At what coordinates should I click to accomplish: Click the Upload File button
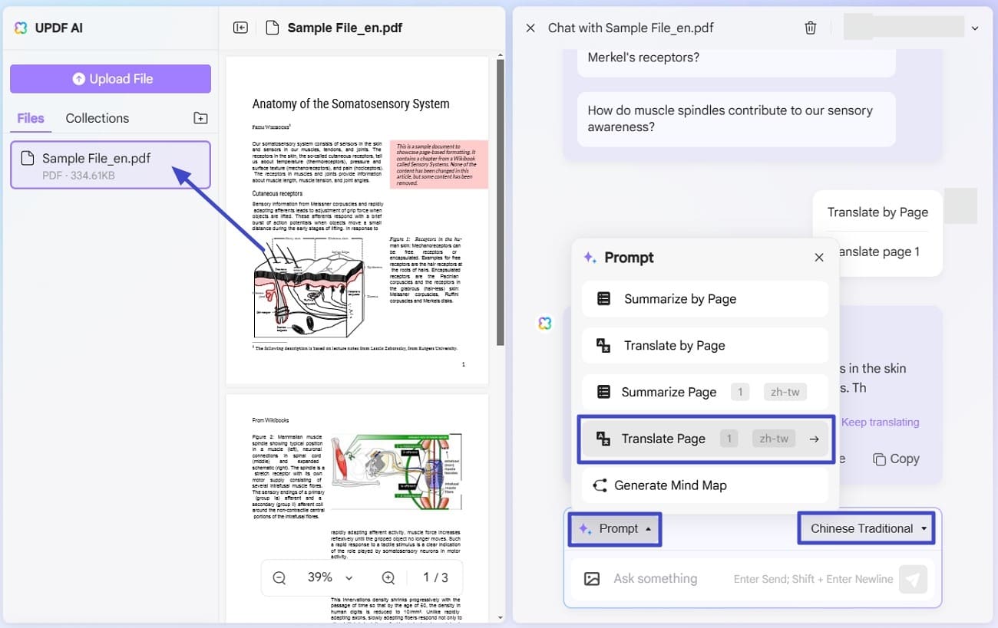[x=111, y=79]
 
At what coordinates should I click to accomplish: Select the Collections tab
[x=97, y=118]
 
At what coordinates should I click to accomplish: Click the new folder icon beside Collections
[x=200, y=118]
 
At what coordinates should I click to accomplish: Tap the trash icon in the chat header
[x=810, y=28]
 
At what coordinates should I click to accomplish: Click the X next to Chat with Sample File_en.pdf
[x=530, y=28]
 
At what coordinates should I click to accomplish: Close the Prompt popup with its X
[x=819, y=258]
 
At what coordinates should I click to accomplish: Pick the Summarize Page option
[x=668, y=392]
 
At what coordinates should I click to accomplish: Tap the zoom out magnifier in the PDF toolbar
[x=279, y=577]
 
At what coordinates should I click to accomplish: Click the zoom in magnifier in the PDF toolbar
[x=388, y=577]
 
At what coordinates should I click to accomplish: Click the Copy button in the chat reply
[x=896, y=459]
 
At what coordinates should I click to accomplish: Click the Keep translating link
[x=880, y=422]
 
